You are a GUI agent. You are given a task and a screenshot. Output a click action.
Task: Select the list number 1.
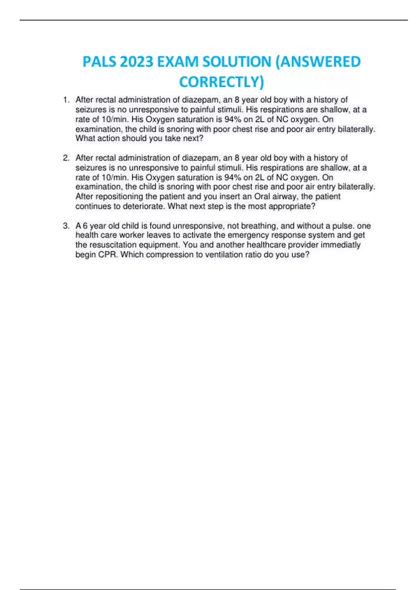[x=66, y=100]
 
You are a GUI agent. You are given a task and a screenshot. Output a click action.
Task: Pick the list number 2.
[x=66, y=158]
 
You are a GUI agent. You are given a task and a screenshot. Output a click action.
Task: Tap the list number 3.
[x=66, y=226]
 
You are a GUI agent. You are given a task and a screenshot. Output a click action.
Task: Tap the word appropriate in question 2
[x=290, y=206]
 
